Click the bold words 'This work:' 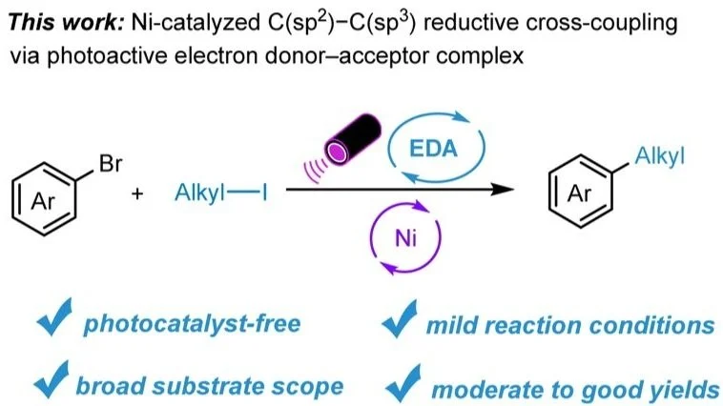point(66,23)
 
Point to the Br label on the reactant point(111,164)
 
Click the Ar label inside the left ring point(43,201)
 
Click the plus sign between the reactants point(137,194)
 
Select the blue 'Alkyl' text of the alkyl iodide point(199,193)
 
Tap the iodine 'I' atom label point(264,193)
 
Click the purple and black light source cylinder point(353,140)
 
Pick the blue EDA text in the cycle point(433,149)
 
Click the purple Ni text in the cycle point(405,238)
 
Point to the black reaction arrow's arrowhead point(503,190)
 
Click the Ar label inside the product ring point(579,193)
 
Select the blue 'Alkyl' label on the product point(659,156)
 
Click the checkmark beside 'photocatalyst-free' point(54,317)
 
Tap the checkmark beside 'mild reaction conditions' point(400,318)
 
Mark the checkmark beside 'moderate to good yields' point(403,383)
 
